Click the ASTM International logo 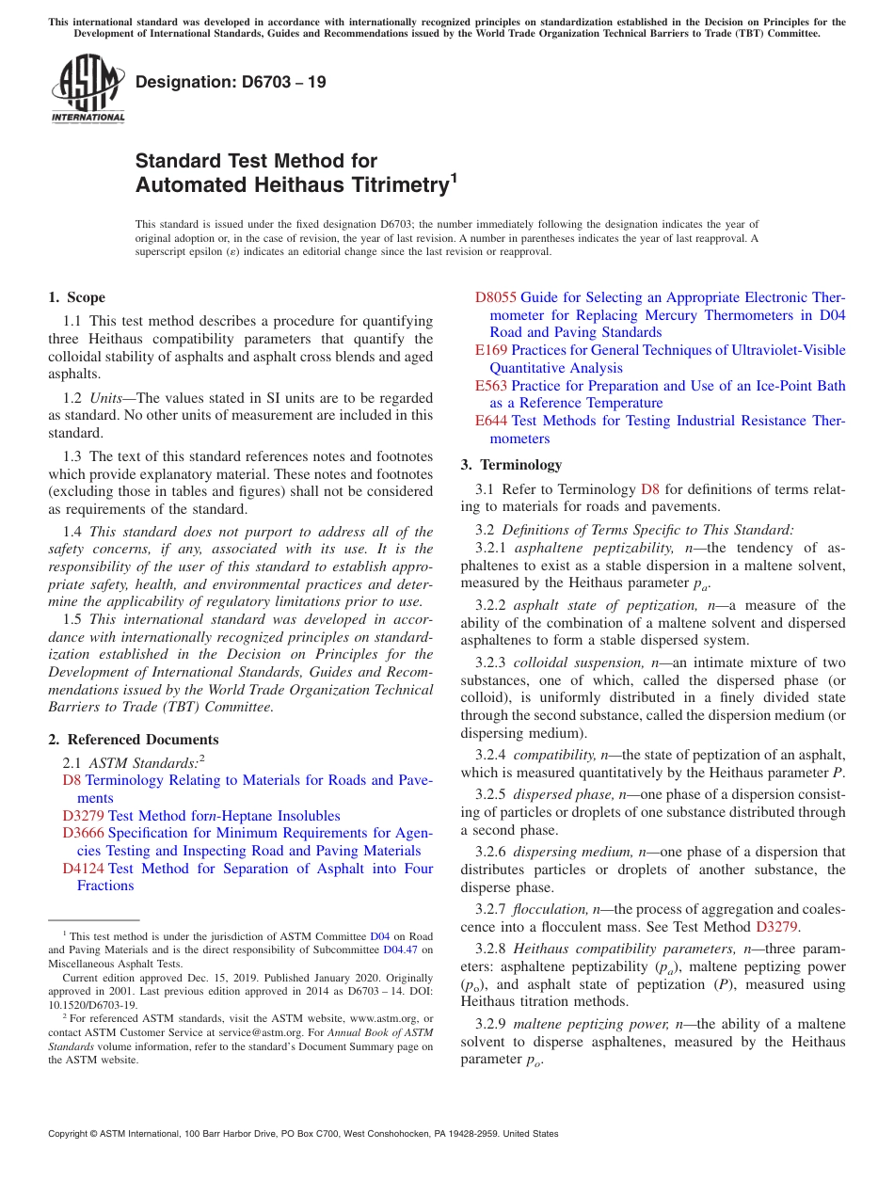pyautogui.click(x=88, y=88)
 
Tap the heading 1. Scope pyautogui.click(x=76, y=297)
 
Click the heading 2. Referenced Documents pyautogui.click(x=134, y=740)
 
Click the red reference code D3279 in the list pyautogui.click(x=83, y=816)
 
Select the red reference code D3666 pyautogui.click(x=83, y=833)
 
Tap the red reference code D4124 pyautogui.click(x=83, y=869)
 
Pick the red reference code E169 pyautogui.click(x=490, y=350)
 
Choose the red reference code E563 pyautogui.click(x=490, y=386)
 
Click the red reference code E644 pyautogui.click(x=490, y=421)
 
